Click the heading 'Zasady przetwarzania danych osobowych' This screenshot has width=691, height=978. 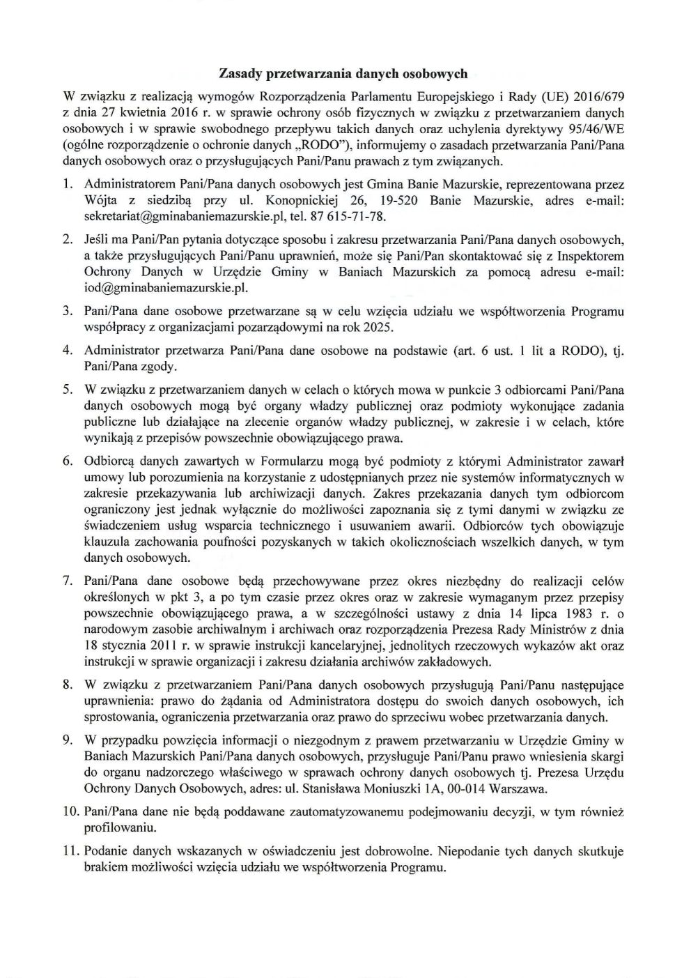343,72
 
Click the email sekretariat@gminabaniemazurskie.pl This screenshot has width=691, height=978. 182,217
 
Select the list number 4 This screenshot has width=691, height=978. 68,350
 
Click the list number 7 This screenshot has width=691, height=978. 68,581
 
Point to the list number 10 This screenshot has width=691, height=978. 70,811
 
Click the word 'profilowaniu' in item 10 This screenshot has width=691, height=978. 117,828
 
